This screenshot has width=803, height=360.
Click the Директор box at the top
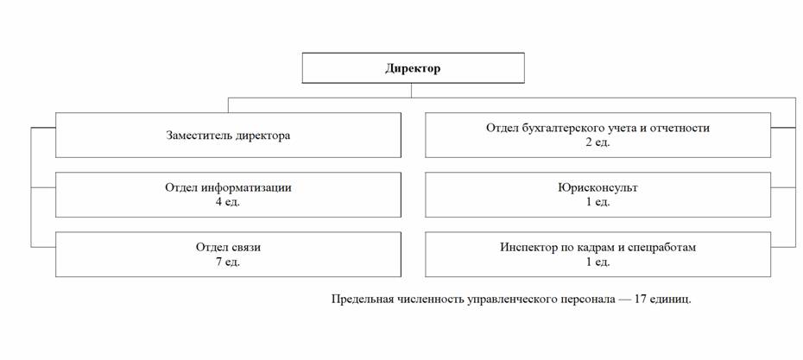(413, 67)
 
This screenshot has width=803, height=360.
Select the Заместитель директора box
(228, 136)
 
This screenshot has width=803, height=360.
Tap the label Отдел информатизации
(228, 187)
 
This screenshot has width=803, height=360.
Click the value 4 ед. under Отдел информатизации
(228, 202)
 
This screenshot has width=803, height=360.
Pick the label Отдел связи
(228, 248)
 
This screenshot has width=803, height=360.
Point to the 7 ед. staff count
(228, 262)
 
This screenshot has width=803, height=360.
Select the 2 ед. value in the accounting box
(598, 142)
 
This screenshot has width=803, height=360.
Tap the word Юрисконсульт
(598, 187)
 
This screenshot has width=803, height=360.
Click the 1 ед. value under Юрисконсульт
(598, 202)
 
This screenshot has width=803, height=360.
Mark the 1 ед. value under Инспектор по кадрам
(598, 262)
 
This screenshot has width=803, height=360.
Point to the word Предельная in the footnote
(362, 300)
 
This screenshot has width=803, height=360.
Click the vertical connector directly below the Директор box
(411, 90)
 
